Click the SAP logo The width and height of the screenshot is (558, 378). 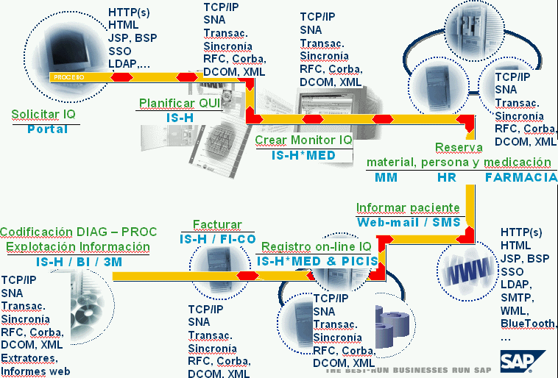(522, 361)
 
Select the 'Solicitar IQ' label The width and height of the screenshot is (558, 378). (43, 114)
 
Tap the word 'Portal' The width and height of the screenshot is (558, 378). (47, 129)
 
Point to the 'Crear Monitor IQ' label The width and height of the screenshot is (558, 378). (303, 140)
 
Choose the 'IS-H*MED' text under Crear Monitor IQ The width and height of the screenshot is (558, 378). (303, 155)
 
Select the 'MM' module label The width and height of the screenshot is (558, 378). (386, 177)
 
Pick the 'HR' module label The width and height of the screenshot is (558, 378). (447, 177)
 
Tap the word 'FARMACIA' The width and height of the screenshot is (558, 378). (520, 177)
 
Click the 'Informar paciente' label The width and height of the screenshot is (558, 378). (408, 207)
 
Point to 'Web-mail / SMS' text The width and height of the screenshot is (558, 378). (408, 222)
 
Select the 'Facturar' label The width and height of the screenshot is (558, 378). (217, 224)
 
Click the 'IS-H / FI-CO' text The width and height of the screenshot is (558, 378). (217, 239)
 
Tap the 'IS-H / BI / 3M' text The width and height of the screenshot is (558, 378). (80, 261)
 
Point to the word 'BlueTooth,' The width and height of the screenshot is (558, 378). (529, 324)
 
